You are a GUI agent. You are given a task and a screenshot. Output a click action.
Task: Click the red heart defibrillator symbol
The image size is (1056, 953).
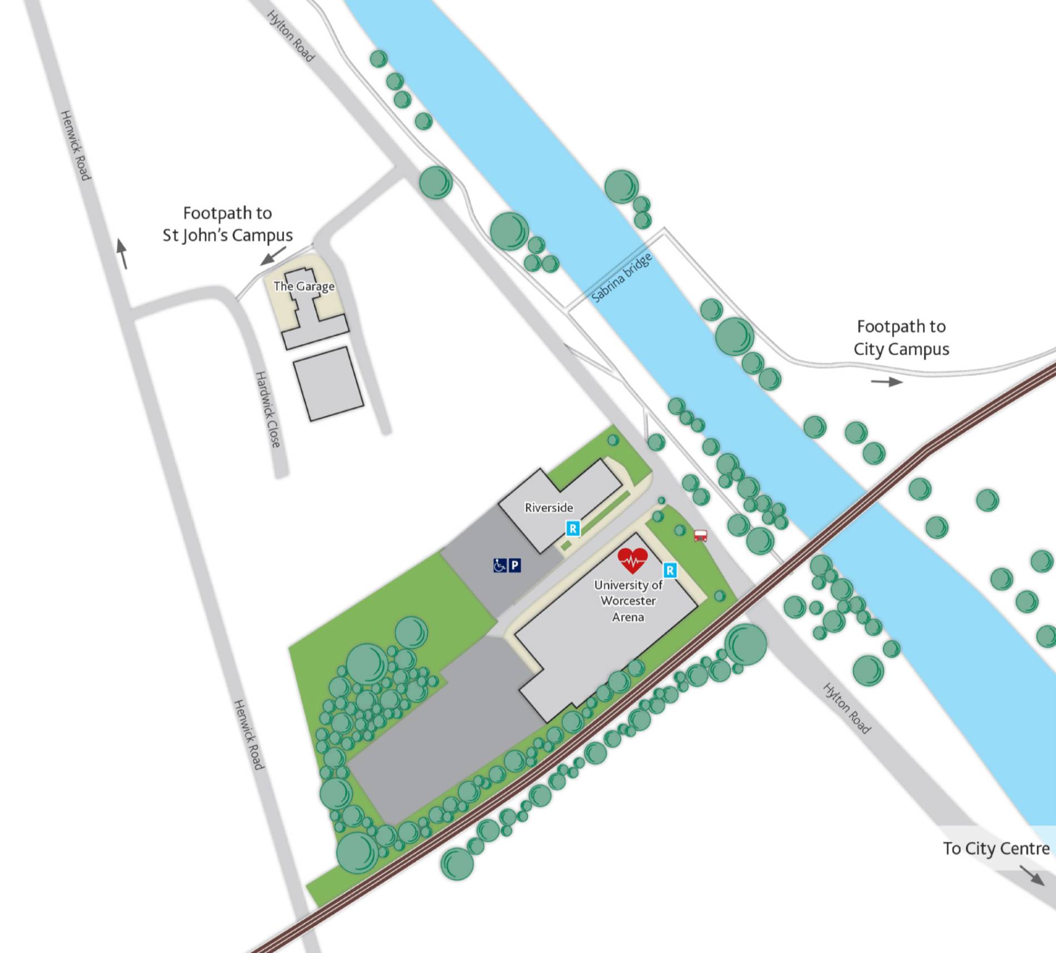[632, 560]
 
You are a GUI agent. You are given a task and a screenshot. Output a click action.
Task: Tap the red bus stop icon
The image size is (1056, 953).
[700, 535]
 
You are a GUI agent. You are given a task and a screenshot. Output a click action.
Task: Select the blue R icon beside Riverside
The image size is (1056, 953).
[572, 528]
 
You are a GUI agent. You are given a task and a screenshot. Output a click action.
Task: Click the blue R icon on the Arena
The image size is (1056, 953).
[670, 570]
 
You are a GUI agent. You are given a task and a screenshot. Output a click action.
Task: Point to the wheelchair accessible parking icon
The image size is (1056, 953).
[500, 565]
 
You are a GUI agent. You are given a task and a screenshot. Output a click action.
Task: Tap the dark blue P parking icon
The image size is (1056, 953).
[515, 565]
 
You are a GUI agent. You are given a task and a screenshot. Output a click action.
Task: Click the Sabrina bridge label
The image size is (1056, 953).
[621, 278]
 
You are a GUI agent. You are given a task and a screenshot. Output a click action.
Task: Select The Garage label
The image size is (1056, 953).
[304, 286]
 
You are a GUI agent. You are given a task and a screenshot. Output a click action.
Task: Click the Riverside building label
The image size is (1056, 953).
[549, 507]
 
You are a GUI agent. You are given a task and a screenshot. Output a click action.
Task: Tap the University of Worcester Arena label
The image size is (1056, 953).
[628, 600]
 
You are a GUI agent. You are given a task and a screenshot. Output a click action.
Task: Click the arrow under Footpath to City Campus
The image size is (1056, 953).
[886, 381]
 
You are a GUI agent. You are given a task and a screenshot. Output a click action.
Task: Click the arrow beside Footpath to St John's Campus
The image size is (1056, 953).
[273, 256]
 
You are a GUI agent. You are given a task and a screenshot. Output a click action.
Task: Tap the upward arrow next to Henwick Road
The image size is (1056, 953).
[122, 254]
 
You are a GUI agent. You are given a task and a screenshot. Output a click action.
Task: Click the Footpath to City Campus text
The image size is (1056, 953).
[901, 337]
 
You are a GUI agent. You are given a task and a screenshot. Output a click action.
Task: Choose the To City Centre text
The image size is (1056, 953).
[996, 848]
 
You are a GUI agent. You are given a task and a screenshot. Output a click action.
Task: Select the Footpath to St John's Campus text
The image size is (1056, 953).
[227, 224]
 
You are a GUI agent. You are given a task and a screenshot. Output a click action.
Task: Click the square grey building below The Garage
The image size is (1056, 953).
[328, 384]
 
